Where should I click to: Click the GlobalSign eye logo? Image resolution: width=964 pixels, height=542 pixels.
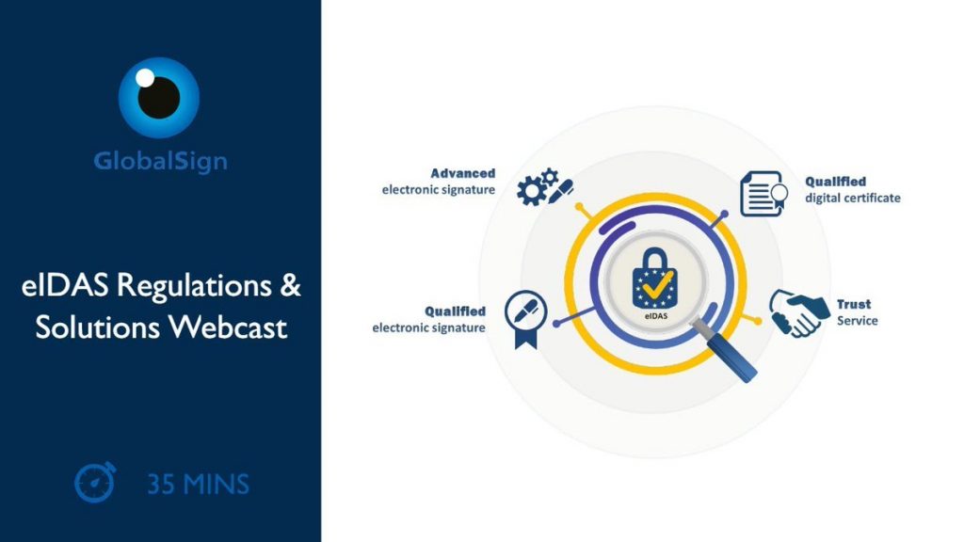pyautogui.click(x=158, y=97)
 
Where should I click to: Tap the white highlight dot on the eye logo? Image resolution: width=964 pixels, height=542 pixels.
pyautogui.click(x=145, y=78)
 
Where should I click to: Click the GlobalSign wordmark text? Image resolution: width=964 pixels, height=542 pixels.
pyautogui.click(x=160, y=162)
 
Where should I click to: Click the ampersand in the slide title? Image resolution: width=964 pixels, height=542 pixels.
pyautogui.click(x=290, y=286)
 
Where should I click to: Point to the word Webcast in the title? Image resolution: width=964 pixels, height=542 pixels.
pyautogui.click(x=228, y=327)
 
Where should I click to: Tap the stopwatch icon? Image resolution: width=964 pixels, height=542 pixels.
pyautogui.click(x=95, y=483)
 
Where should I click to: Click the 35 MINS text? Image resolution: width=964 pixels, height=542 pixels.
pyautogui.click(x=198, y=485)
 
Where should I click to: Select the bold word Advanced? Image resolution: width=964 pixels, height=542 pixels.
pyautogui.click(x=462, y=173)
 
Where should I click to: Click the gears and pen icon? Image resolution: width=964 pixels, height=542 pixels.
pyautogui.click(x=545, y=187)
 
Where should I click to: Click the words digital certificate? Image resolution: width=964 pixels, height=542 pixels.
pyautogui.click(x=853, y=198)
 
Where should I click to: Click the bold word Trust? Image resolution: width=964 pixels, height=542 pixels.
pyautogui.click(x=854, y=304)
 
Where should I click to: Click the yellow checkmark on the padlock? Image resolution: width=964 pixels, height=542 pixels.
pyautogui.click(x=656, y=284)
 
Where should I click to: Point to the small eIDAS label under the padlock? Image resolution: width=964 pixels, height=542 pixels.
pyautogui.click(x=656, y=316)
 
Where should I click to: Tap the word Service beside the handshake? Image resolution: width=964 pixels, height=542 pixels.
pyautogui.click(x=857, y=321)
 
